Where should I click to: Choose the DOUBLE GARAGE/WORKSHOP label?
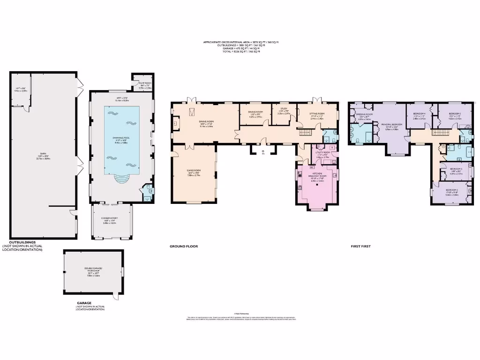coord(94,271)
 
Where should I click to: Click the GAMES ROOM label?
coord(194,174)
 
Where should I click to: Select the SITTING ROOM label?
coord(317,115)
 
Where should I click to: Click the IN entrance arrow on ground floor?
coord(263,152)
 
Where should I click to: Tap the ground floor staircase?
coord(305,133)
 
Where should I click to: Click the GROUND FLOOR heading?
coord(184,246)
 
